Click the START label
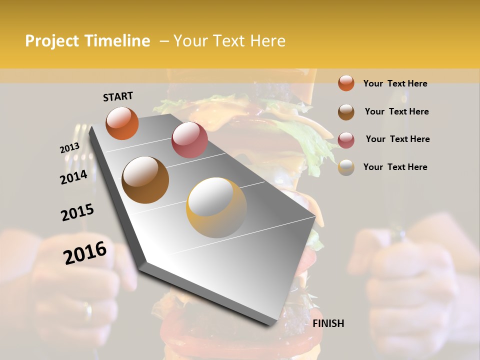point(118,96)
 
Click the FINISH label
point(328,323)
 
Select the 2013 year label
point(69,148)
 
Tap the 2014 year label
point(73,177)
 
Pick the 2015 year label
point(77,213)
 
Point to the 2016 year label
point(85,253)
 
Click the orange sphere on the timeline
point(122,123)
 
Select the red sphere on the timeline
point(189,139)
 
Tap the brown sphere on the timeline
point(145,179)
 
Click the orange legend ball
point(346,83)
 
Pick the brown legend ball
point(346,111)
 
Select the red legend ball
point(346,139)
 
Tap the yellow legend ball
point(346,167)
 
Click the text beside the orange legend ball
point(395,83)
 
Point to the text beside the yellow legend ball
point(395,167)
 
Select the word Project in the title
point(51,41)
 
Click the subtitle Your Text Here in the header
point(229,41)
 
